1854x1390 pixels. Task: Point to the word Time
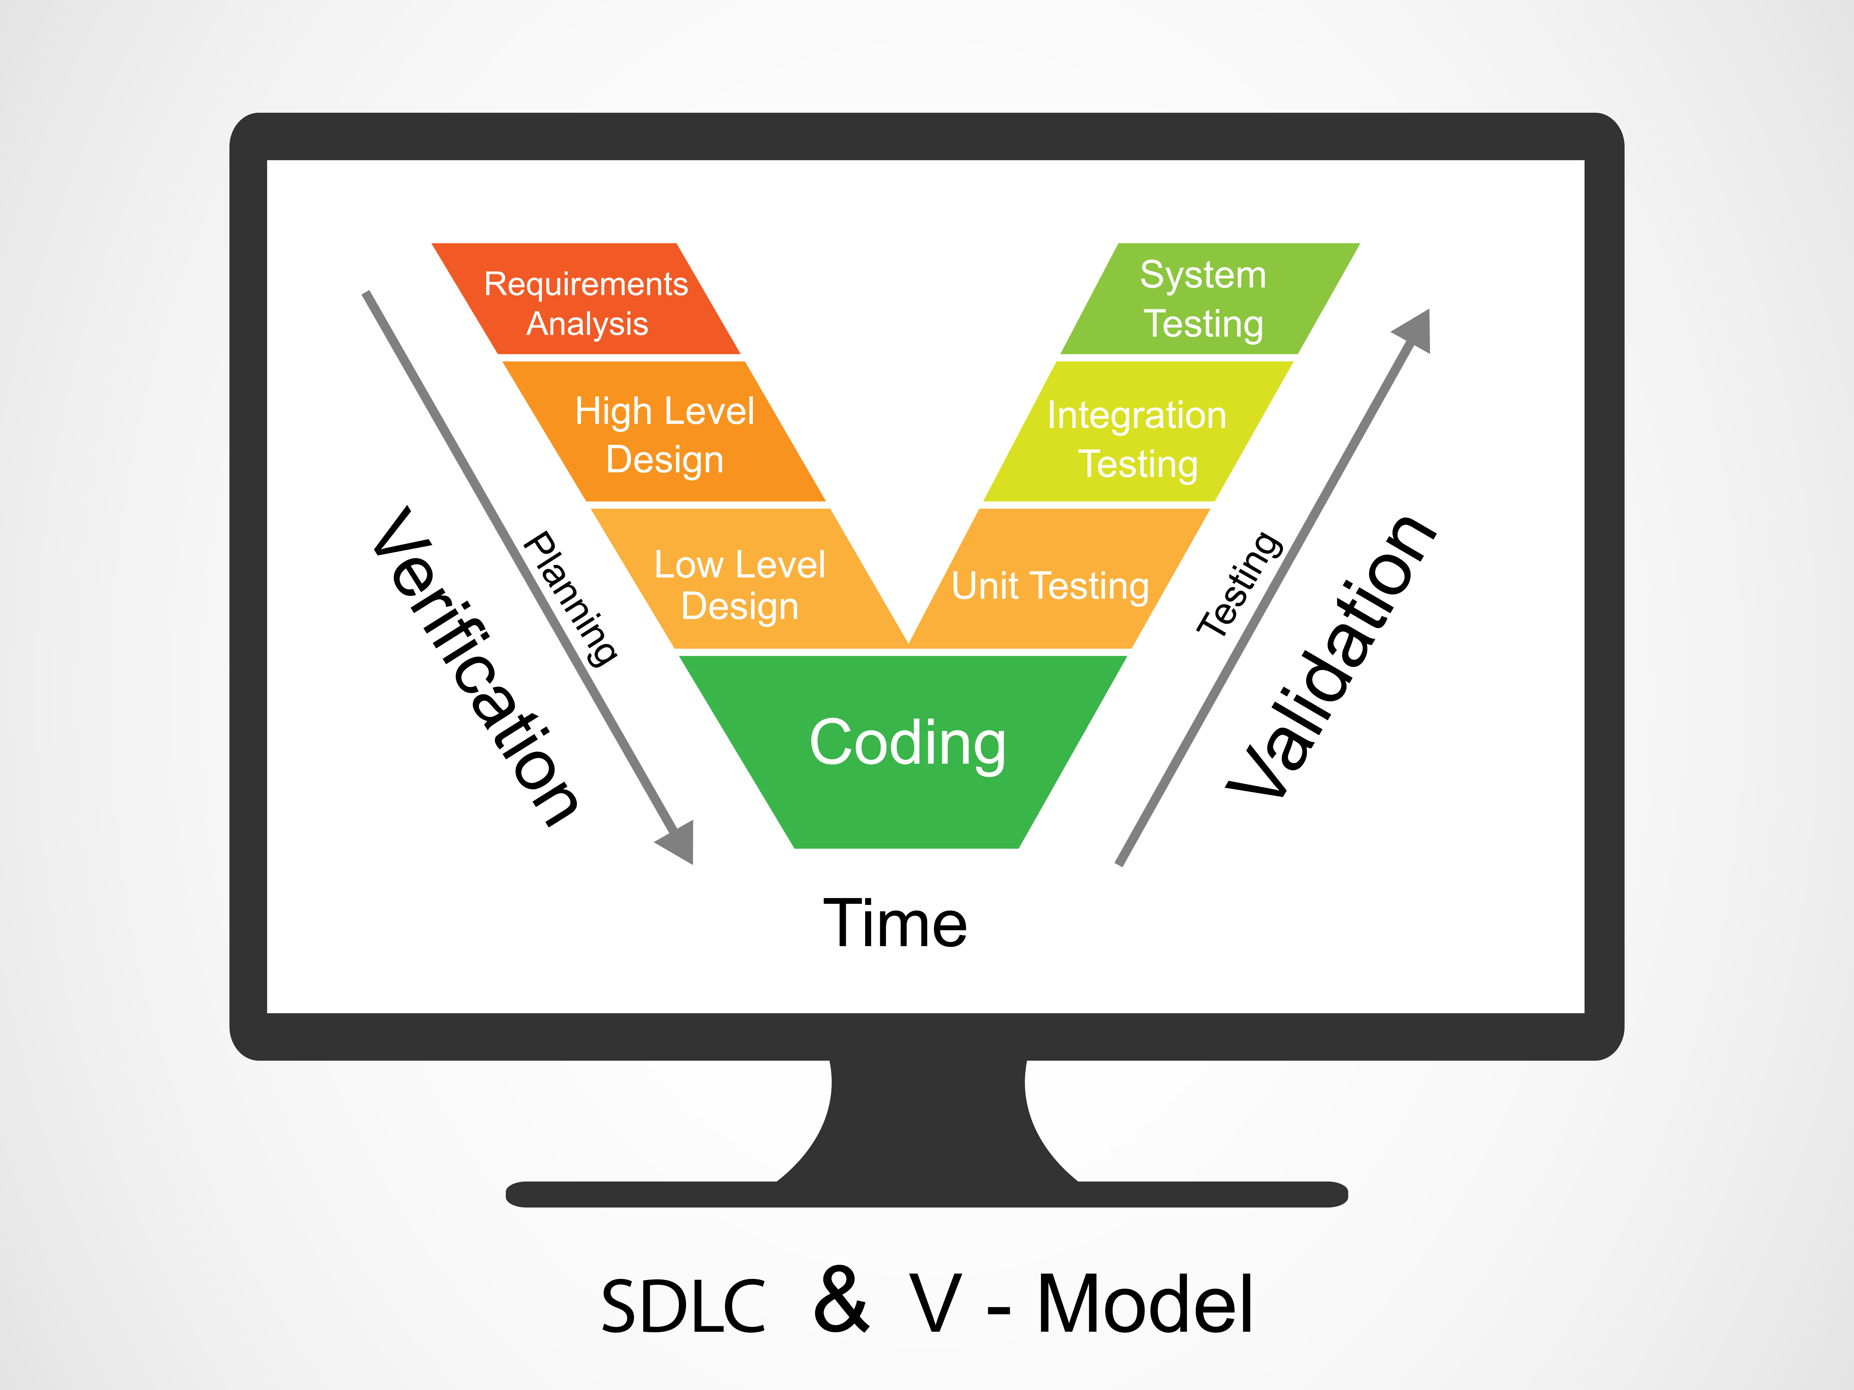pos(895,923)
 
